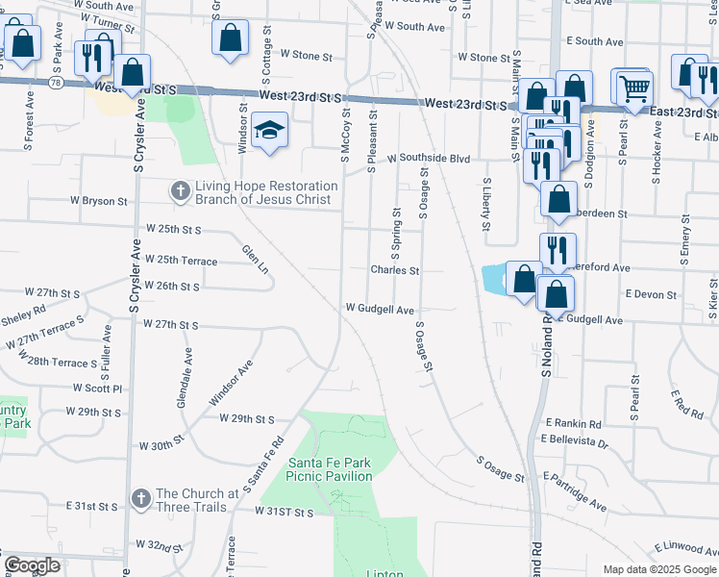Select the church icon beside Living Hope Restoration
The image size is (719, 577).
click(180, 191)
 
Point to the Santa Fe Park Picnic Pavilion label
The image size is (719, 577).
click(330, 468)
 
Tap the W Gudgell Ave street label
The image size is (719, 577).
click(380, 310)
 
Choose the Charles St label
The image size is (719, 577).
click(395, 270)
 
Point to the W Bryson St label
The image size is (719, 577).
click(99, 202)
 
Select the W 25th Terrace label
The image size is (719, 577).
click(180, 261)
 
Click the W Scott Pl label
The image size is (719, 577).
click(98, 389)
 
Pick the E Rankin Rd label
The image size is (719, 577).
click(573, 423)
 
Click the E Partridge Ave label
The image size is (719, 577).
click(575, 489)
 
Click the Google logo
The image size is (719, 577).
click(33, 565)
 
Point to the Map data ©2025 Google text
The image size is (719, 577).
click(659, 569)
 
